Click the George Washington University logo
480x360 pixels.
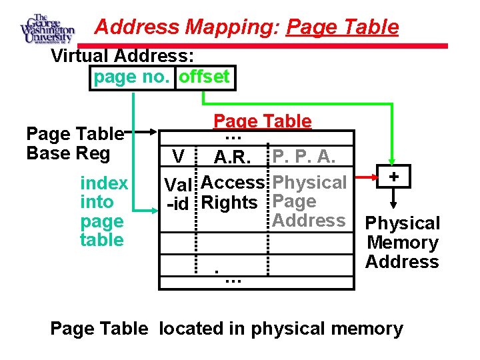point(47,29)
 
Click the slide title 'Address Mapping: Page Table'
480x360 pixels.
point(247,27)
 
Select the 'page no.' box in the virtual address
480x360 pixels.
point(133,77)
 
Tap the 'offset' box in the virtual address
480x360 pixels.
point(205,77)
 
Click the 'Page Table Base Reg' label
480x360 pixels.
point(74,143)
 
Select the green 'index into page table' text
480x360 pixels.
point(103,211)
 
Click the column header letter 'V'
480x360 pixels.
point(177,157)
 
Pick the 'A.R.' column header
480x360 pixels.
point(232,159)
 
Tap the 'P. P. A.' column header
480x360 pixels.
point(304,156)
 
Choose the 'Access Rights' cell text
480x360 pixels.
point(233,192)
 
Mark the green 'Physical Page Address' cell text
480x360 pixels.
point(309,201)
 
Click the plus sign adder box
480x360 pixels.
point(394,177)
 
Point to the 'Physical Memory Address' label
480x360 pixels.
point(403,242)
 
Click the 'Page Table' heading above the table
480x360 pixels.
point(262,121)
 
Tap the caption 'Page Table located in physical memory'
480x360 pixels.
point(227,329)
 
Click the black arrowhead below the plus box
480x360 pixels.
point(394,205)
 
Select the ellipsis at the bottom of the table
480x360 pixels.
point(233,281)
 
